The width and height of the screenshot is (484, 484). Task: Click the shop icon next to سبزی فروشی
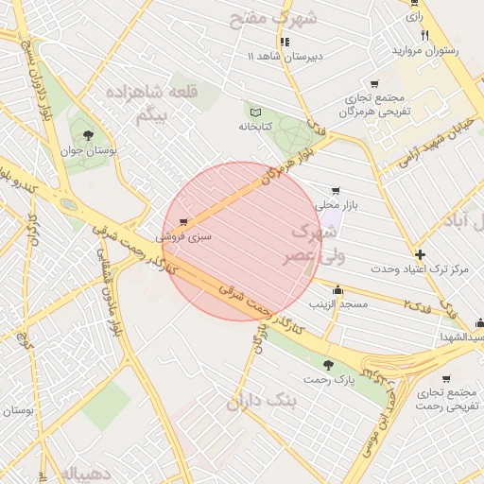(197, 221)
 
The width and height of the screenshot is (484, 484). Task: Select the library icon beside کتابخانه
(253, 112)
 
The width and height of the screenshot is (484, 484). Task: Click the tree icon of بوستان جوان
(88, 135)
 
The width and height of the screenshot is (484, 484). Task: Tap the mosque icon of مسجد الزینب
(338, 289)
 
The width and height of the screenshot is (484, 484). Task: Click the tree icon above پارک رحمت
(328, 364)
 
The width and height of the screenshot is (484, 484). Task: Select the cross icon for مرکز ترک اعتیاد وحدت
(420, 254)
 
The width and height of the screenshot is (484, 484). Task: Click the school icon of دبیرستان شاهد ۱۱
(285, 42)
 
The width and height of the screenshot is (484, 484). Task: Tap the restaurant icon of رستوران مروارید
(425, 35)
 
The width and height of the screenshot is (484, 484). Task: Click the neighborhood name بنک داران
(261, 402)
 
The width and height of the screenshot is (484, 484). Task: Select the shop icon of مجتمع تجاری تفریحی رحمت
(445, 378)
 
